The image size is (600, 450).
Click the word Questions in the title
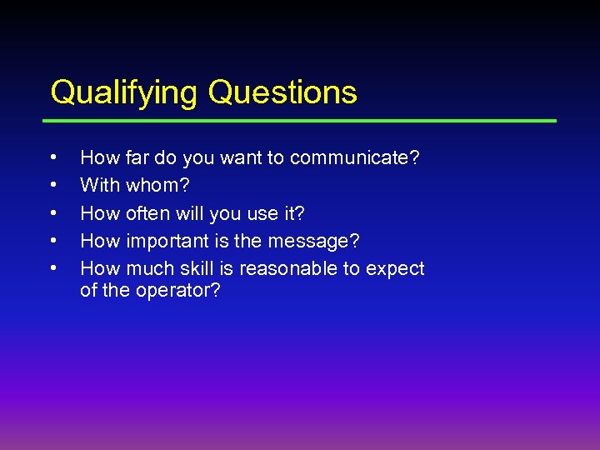[x=282, y=92]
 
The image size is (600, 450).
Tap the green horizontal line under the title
[x=303, y=121]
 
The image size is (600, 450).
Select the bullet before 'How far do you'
[x=53, y=157]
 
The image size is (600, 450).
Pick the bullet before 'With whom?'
[x=53, y=184]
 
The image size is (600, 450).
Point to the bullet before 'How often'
[x=53, y=212]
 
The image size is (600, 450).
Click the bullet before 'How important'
[x=53, y=240]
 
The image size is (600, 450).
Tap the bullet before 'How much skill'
[x=53, y=268]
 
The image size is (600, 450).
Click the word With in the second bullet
[x=99, y=185]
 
